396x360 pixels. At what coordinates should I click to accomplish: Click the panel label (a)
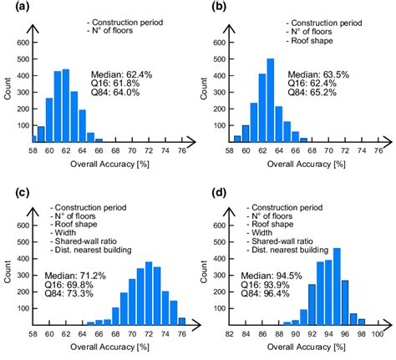tap(13, 8)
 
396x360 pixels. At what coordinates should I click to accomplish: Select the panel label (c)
tap(13, 194)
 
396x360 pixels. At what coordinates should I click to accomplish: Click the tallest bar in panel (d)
tap(337, 286)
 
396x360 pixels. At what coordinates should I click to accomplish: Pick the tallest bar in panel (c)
tap(149, 293)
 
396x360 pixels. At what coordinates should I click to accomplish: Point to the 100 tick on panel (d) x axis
tap(377, 334)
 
